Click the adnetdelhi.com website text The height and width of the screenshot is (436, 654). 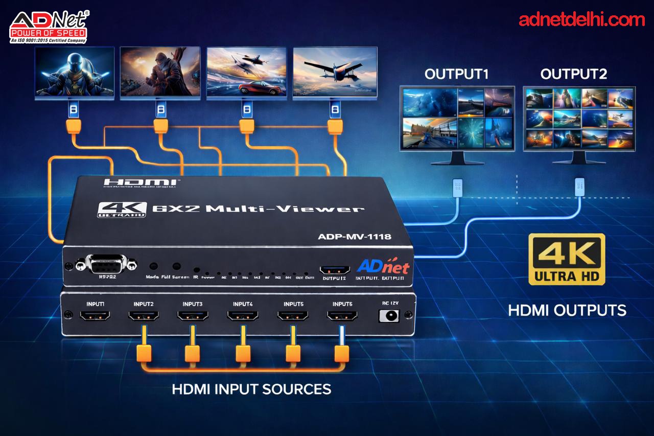click(581, 20)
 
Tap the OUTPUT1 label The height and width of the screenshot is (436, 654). click(456, 74)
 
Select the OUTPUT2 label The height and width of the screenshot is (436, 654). click(573, 74)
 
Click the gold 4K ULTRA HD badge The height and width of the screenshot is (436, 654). click(567, 259)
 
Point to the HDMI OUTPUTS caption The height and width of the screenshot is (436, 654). click(567, 310)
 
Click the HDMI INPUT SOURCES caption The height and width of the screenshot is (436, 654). click(251, 389)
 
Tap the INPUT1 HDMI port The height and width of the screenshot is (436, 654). click(95, 317)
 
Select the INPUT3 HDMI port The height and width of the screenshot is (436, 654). click(193, 317)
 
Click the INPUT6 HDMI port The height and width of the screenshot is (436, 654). click(342, 317)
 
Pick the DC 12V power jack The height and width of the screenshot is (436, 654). click(389, 316)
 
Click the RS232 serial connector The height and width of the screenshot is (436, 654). click(106, 264)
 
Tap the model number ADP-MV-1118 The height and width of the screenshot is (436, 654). click(355, 236)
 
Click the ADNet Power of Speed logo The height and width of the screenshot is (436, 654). click(49, 26)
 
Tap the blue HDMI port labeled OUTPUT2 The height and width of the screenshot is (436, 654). click(334, 269)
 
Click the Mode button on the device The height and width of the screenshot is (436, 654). click(153, 266)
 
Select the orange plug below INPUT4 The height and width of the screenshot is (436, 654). click(243, 352)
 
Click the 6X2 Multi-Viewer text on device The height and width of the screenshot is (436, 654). click(258, 209)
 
